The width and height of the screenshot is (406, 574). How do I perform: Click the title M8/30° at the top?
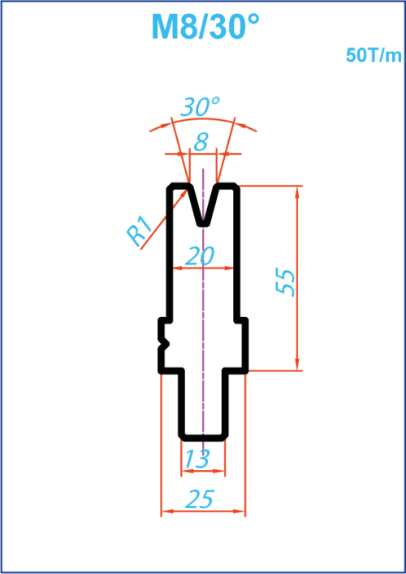pos(205,27)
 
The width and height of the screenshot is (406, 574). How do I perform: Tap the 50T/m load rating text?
pos(374,56)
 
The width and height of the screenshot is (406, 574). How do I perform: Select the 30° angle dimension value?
pos(200,107)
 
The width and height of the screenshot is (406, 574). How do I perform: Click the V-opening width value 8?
pos(201,142)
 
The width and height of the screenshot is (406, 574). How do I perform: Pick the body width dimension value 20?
pos(200,256)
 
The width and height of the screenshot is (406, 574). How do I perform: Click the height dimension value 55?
pos(285,282)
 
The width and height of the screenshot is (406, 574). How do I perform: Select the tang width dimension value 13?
pos(197,459)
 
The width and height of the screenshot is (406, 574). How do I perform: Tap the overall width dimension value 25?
pos(200,499)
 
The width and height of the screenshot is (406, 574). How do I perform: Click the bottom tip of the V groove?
pos(203,224)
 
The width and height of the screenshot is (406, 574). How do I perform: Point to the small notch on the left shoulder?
pos(166,344)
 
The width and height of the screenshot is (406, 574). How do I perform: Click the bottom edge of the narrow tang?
pos(203,438)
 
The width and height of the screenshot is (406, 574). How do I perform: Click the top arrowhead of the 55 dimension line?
pos(297,192)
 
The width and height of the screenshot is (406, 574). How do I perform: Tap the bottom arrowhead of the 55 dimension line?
pos(297,364)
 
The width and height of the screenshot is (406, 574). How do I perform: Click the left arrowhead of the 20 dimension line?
pos(179,268)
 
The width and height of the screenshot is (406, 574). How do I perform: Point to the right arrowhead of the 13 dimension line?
pos(218,471)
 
